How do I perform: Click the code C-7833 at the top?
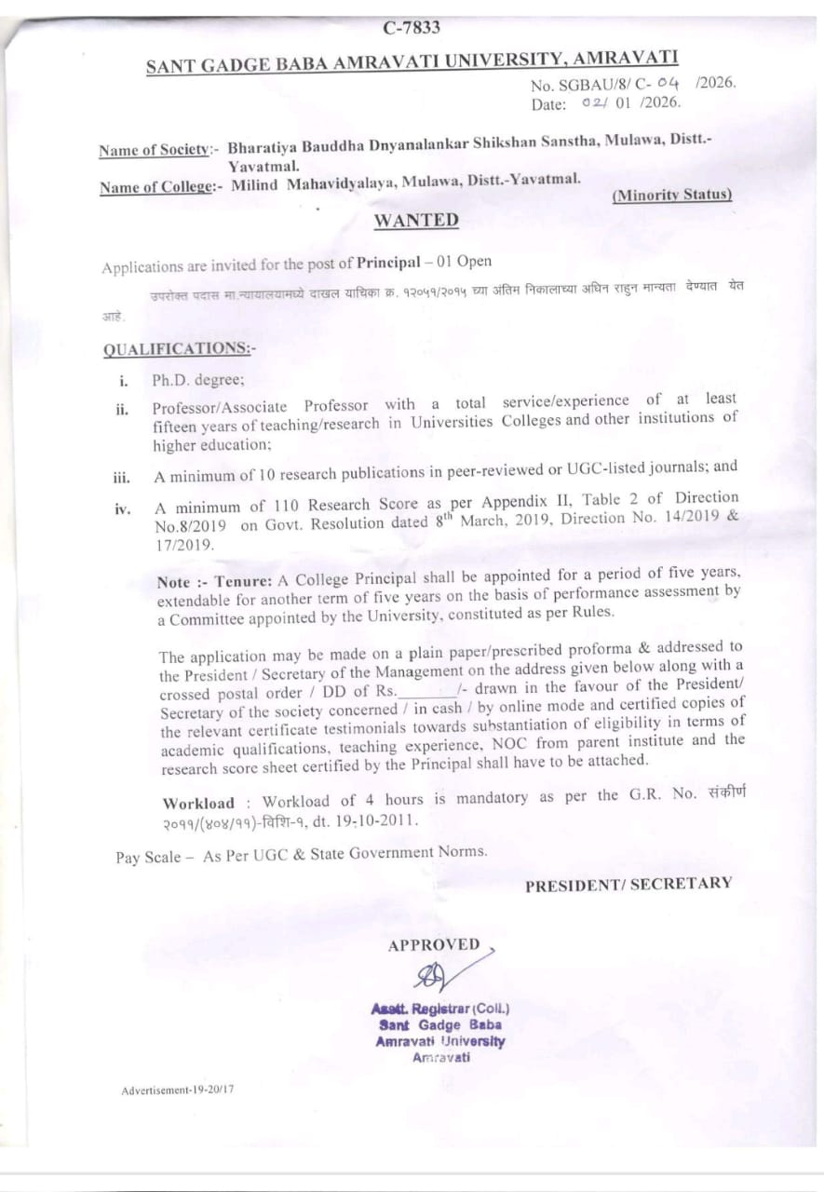pos(411,27)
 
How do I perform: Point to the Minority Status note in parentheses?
pos(671,195)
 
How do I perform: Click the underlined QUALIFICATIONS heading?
pos(179,348)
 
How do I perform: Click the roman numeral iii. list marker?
pos(121,477)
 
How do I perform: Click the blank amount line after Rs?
pos(427,691)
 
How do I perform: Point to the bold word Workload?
pos(198,803)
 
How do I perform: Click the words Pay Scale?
pos(148,857)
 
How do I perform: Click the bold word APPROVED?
pos(434,945)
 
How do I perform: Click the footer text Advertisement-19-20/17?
pos(177,1090)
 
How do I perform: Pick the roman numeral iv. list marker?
pos(121,508)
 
